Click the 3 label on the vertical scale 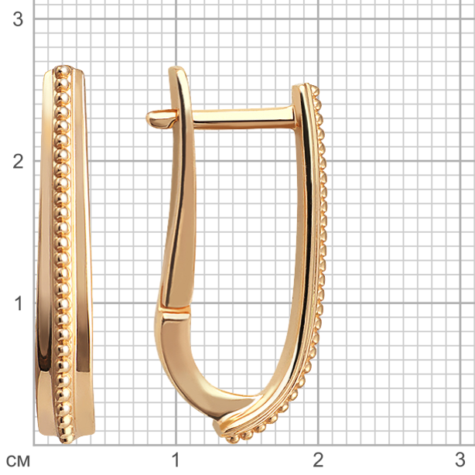[18, 19]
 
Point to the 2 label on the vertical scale [18, 161]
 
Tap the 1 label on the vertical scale [19, 303]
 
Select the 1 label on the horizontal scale [176, 460]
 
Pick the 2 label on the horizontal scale [318, 460]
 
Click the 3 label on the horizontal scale [460, 460]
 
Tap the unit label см [18, 461]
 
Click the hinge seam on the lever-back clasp [174, 312]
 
